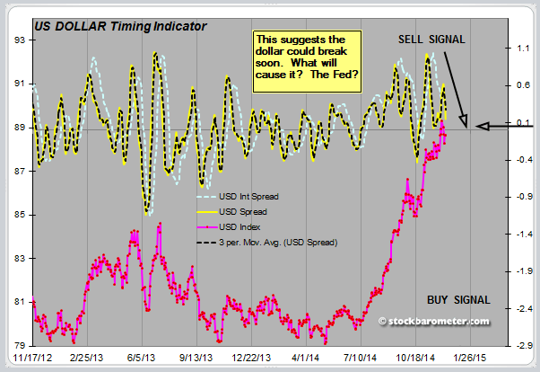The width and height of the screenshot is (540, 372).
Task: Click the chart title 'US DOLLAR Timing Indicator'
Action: point(119,26)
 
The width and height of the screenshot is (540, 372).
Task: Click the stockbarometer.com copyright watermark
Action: point(434,321)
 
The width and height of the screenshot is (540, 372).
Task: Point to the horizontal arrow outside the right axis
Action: point(505,127)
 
